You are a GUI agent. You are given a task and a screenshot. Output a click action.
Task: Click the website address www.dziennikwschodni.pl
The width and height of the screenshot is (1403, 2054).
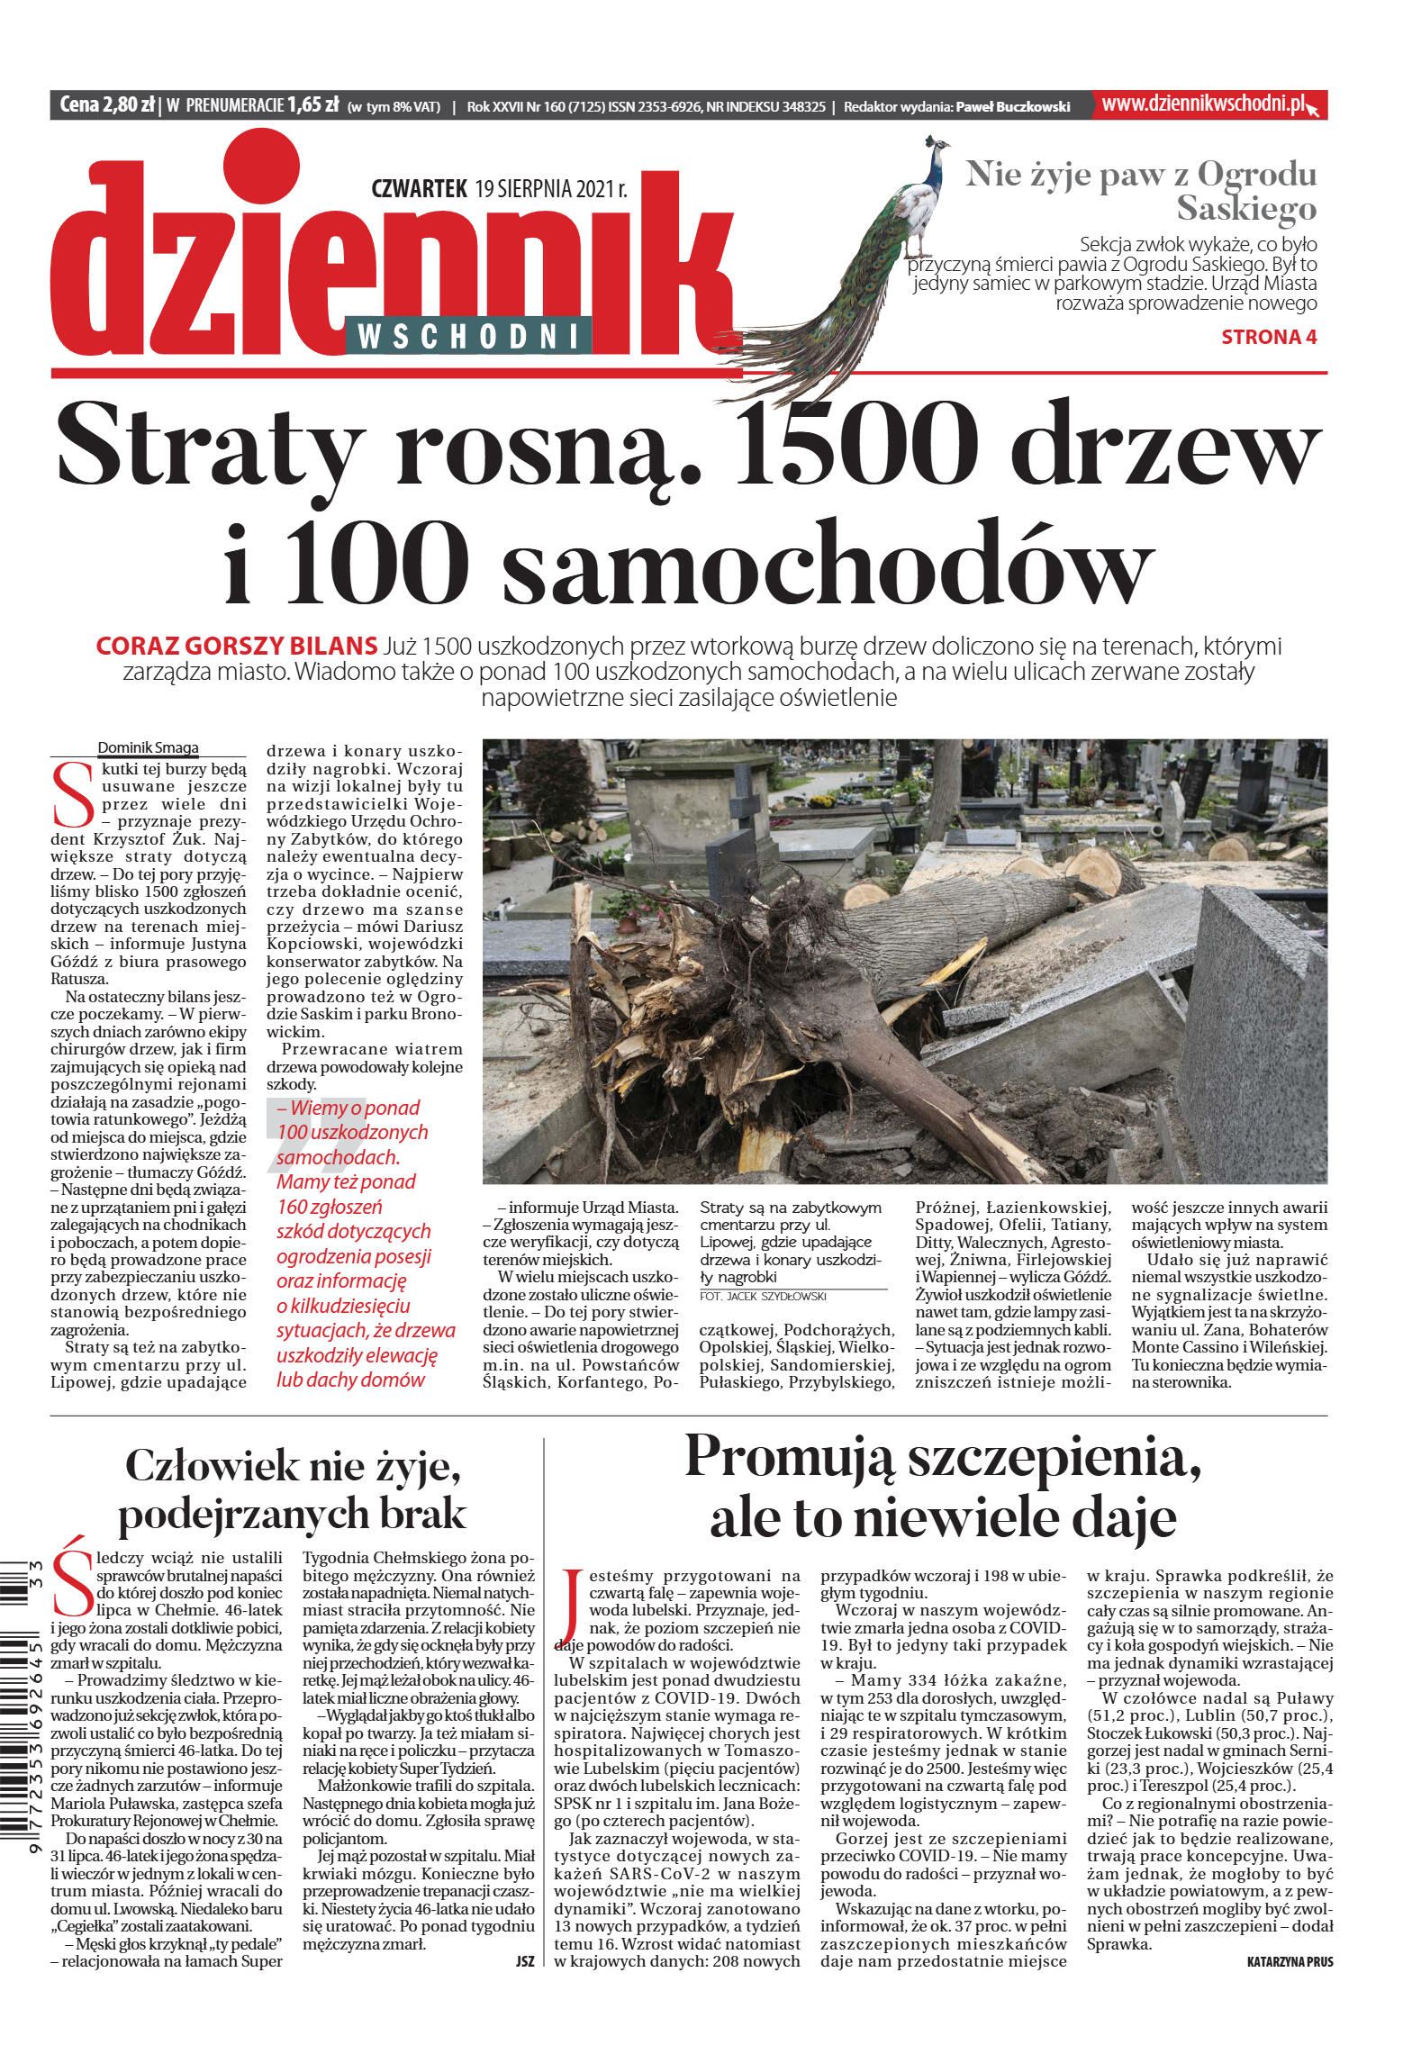(1203, 104)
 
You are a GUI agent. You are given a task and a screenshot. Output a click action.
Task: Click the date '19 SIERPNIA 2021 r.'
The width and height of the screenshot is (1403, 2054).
(550, 189)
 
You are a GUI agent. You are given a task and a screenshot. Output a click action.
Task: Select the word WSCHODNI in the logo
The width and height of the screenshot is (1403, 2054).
(467, 336)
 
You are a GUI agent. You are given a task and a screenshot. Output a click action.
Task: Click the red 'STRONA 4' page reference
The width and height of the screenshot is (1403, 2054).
(1268, 337)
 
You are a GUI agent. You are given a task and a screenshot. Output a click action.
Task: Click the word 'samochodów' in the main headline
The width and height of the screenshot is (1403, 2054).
(828, 563)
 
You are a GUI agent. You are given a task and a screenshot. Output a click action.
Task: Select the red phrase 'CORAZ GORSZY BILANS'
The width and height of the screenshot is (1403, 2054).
(236, 646)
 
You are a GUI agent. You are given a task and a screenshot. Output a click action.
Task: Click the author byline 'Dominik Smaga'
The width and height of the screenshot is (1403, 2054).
(148, 747)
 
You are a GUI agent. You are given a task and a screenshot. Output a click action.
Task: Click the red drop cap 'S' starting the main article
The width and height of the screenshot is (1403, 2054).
(72, 795)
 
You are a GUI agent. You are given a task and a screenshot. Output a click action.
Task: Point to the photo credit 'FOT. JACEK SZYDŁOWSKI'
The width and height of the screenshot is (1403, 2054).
(763, 1296)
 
